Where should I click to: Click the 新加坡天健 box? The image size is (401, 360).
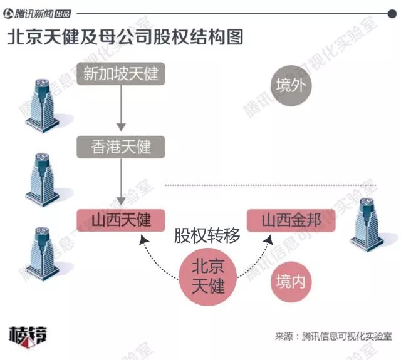coord(121,74)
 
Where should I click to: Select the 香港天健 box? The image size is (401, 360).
coord(121,147)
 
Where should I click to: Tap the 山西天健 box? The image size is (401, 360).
coord(121,220)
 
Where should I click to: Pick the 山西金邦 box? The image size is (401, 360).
coord(291,220)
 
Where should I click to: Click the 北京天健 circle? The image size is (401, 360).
coord(208,277)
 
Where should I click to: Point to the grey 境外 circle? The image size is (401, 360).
coord(291,85)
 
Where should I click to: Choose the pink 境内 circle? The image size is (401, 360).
coord(291,282)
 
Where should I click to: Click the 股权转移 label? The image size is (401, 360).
coord(207,235)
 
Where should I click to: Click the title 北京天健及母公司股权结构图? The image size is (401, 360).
coord(125,38)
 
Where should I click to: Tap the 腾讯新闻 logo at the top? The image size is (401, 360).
coord(37,13)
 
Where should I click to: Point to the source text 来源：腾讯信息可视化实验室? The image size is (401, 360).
coord(333,336)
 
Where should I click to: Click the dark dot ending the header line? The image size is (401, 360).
coord(392,14)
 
